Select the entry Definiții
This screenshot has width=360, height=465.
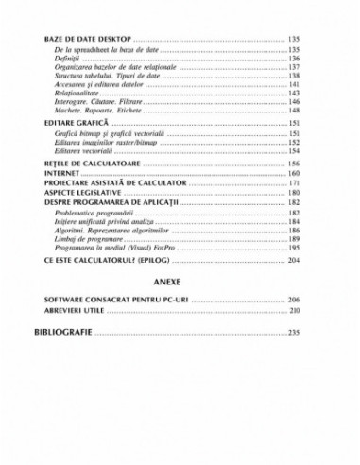point(71,59)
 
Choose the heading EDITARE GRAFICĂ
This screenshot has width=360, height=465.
point(77,124)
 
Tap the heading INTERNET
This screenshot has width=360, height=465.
point(62,174)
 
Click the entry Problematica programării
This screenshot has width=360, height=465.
point(94,214)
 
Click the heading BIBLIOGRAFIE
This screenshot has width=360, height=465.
point(63,333)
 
